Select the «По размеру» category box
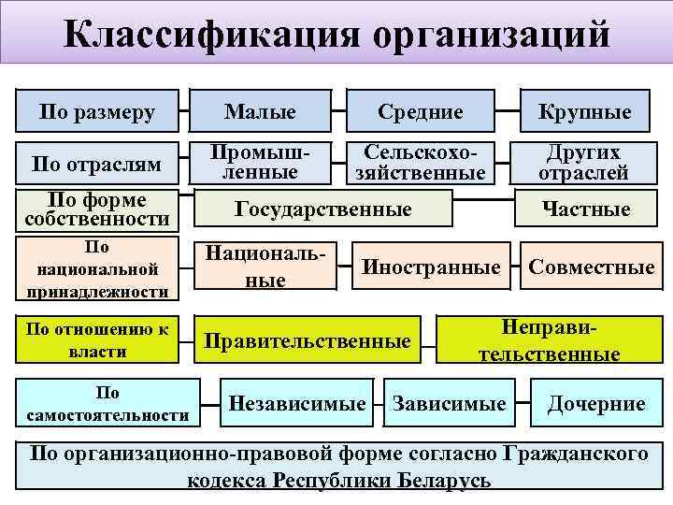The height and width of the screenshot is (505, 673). point(97,112)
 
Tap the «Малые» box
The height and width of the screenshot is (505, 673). point(260,112)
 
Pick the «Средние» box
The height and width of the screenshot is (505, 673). point(420,112)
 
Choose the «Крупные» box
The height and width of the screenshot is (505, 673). point(584,112)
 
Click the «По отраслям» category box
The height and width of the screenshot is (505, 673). point(97,164)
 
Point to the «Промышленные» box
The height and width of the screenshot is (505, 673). point(260,162)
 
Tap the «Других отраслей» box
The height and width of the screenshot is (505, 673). point(584,162)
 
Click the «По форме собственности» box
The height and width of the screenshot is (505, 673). point(97,209)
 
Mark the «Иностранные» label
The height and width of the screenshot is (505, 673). point(431,267)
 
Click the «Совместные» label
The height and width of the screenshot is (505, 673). point(591,267)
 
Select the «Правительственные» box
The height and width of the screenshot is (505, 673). point(308,340)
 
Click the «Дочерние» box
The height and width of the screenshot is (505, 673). point(595,404)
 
